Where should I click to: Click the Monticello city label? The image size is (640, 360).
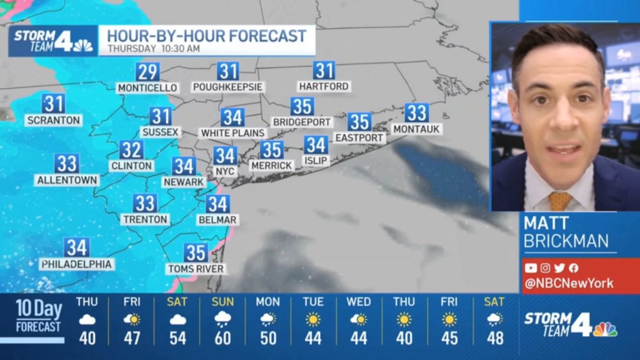[147, 88]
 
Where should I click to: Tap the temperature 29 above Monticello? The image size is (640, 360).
[147, 71]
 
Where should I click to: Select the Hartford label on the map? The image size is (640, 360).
[324, 86]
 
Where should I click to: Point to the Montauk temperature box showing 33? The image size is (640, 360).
[417, 113]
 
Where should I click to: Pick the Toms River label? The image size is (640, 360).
[196, 269]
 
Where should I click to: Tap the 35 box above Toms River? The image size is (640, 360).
[196, 252]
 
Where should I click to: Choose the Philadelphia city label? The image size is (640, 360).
[77, 264]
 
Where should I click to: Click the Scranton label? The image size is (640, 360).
[53, 121]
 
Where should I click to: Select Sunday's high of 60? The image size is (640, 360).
[222, 338]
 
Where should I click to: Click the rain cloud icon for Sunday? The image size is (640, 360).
[222, 319]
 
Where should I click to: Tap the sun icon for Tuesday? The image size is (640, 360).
[313, 319]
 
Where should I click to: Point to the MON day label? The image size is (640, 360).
[268, 302]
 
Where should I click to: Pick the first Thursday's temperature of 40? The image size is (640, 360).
[87, 338]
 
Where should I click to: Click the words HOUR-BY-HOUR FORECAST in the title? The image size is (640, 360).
[207, 36]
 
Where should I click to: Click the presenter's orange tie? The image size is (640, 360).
[559, 201]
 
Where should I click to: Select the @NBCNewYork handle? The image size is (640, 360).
[569, 284]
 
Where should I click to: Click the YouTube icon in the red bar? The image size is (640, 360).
[530, 268]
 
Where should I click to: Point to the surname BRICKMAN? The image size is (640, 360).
[566, 241]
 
